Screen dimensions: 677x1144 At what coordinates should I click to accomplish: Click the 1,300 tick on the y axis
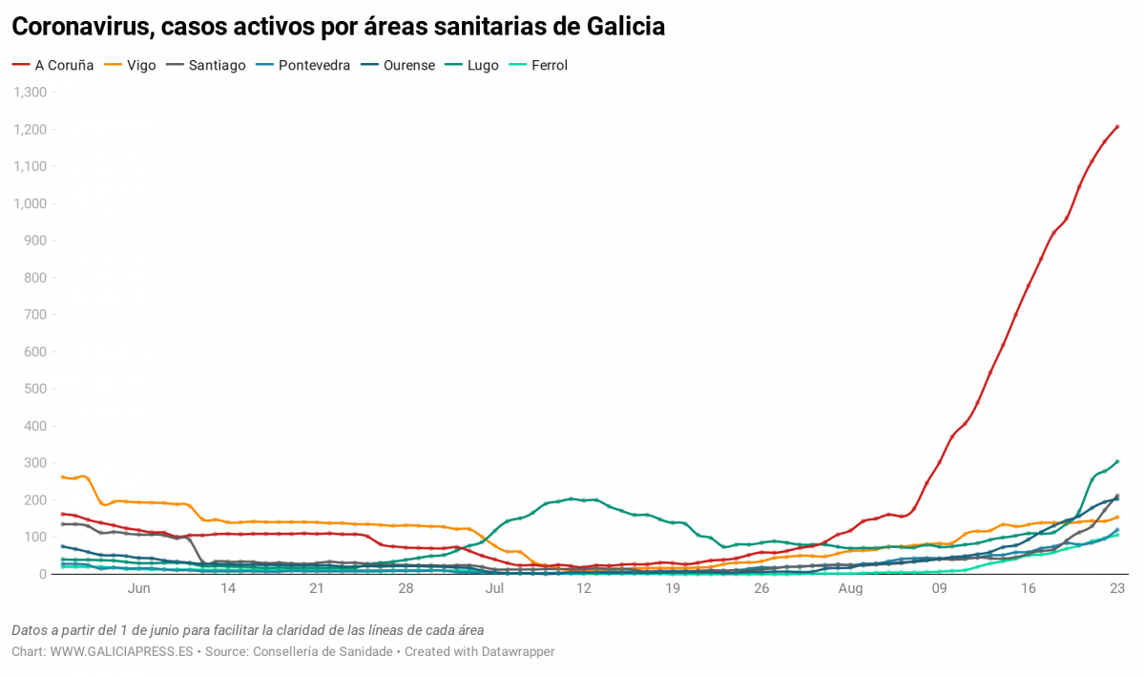pyautogui.click(x=30, y=93)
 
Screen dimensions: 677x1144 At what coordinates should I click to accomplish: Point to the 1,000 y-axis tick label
pyautogui.click(x=30, y=203)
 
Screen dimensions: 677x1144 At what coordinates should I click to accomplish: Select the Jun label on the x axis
pyautogui.click(x=138, y=589)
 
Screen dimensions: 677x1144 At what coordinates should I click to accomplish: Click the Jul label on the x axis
pyautogui.click(x=494, y=589)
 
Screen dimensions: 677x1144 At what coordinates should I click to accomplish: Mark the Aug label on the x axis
pyautogui.click(x=850, y=589)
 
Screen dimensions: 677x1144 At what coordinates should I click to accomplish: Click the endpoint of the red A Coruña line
pyautogui.click(x=1117, y=126)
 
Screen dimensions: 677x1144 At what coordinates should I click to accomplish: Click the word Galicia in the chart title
pyautogui.click(x=621, y=27)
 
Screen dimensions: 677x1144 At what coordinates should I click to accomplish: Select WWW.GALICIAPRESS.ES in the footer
pyautogui.click(x=121, y=651)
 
